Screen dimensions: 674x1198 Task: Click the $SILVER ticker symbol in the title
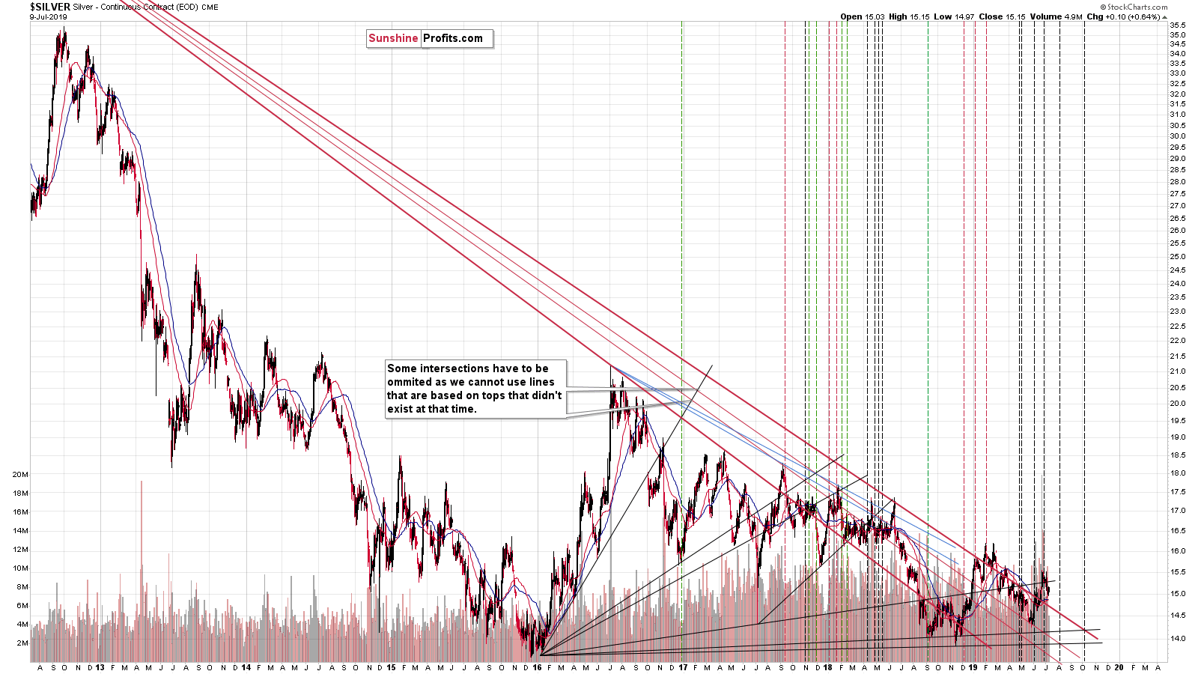[49, 7]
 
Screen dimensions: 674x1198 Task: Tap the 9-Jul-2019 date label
[48, 16]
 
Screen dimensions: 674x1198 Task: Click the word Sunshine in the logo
[393, 38]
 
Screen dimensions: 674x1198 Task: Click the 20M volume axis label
[20, 475]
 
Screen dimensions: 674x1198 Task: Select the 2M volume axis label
[22, 643]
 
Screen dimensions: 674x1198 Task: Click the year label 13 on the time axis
[100, 667]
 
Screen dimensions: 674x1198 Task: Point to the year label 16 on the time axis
[537, 667]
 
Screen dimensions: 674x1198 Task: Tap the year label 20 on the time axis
[1119, 667]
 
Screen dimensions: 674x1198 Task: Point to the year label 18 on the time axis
[827, 667]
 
